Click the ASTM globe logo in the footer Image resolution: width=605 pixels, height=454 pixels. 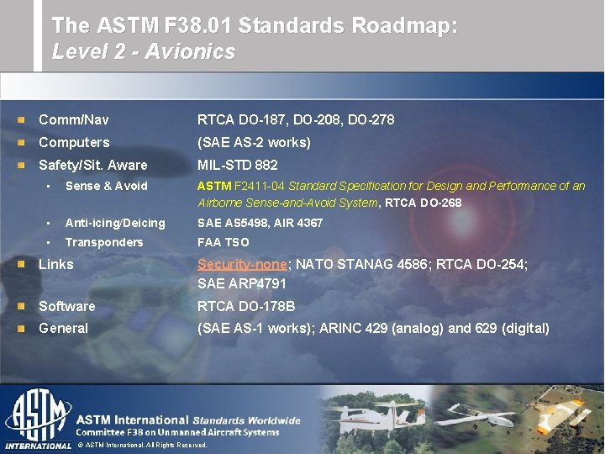point(37,416)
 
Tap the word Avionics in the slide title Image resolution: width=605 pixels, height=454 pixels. point(190,51)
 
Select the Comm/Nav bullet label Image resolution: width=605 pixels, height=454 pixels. point(74,120)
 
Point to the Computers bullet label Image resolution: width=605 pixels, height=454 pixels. point(74,143)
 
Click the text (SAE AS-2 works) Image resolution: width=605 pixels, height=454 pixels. point(254,143)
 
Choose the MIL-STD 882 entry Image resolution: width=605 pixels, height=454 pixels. point(237,166)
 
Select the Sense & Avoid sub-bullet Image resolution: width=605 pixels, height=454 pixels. point(106,186)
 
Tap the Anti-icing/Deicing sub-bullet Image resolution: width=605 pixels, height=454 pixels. point(115,223)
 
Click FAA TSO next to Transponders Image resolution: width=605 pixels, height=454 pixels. point(224,242)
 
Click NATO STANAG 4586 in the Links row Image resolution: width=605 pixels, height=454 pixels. point(353,264)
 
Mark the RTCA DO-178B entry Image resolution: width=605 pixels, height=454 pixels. point(245,307)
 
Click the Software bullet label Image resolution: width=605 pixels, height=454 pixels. point(67,307)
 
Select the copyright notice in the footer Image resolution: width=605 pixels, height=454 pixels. point(142,445)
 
